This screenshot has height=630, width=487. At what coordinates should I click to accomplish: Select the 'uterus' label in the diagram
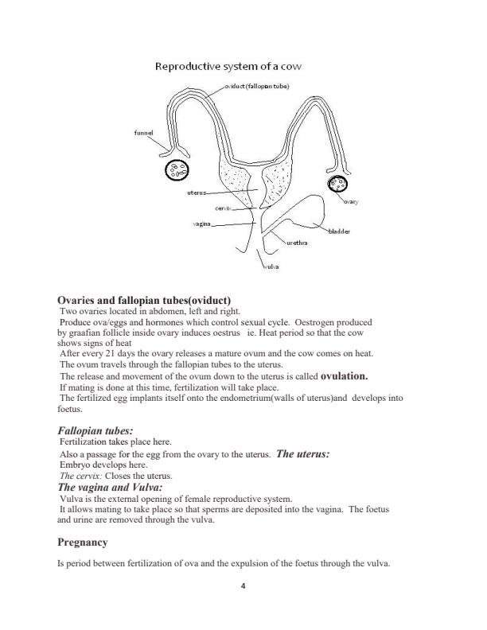tap(197, 192)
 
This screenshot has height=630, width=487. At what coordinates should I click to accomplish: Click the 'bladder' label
tap(339, 231)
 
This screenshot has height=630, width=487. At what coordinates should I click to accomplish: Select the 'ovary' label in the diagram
tap(351, 202)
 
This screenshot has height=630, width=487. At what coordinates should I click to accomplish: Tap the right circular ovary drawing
tap(338, 185)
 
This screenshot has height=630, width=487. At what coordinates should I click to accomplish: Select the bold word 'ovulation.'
tap(345, 375)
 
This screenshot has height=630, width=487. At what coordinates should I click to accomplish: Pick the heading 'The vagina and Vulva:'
tap(111, 487)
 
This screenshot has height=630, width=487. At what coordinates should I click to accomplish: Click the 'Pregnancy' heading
tap(83, 542)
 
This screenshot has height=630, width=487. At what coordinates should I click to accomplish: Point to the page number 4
tap(243, 586)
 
